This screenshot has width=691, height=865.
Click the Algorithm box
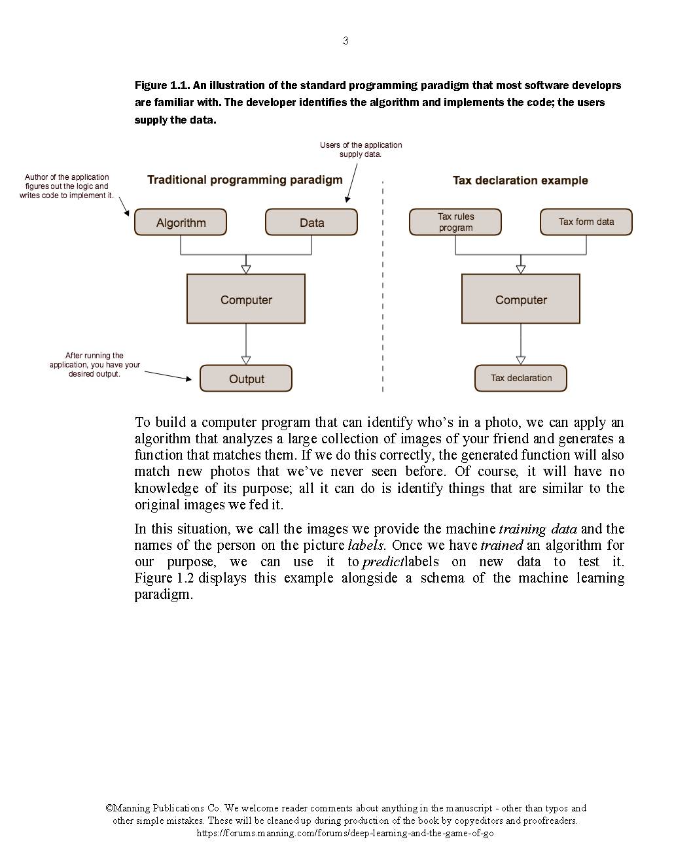181,222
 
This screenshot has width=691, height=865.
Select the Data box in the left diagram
311,222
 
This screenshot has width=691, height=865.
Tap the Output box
246,379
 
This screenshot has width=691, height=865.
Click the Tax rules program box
455,222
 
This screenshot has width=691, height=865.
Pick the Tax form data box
586,222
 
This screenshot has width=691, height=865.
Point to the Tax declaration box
521,378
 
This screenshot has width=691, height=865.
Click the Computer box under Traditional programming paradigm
246,299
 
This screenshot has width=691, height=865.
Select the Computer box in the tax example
521,299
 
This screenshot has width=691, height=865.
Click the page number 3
345,41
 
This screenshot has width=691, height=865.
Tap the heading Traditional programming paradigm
245,180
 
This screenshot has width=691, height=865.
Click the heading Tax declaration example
520,180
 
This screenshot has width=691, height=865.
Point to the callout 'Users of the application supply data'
361,150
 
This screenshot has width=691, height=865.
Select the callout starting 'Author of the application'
67,186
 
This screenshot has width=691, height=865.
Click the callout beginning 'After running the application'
95,365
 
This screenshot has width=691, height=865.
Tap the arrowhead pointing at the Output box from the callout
188,379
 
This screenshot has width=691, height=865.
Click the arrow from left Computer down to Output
246,343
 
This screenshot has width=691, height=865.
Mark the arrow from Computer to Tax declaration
521,343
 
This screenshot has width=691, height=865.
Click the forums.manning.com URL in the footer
345,834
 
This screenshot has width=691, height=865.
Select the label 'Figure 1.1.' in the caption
162,86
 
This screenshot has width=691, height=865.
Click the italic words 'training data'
538,529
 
